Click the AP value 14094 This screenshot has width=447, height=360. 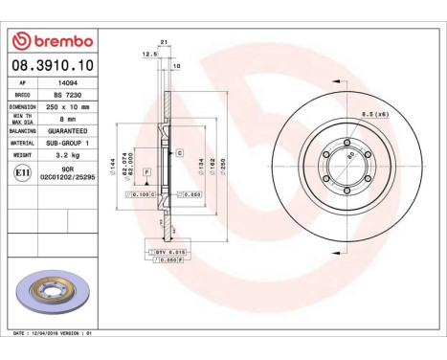click(x=63, y=83)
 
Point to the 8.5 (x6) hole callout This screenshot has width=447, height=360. click(x=374, y=115)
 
